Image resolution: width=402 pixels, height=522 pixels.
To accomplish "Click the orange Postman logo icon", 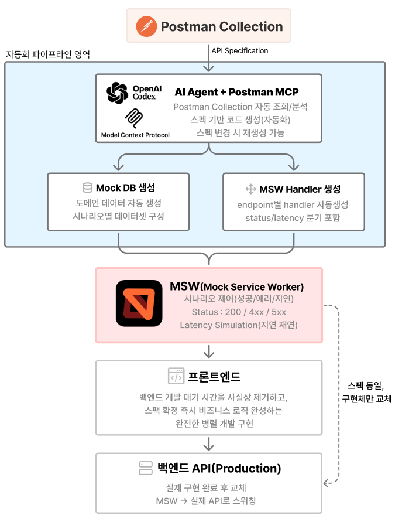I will pos(146,27).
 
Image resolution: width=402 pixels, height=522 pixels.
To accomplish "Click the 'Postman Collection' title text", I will pos(221,27).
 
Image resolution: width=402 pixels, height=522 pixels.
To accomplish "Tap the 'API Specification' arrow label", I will pos(240,51).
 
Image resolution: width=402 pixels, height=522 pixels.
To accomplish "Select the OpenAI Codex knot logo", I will pos(117,93).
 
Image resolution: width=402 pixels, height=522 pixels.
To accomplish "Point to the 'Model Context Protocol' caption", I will pos(135,135).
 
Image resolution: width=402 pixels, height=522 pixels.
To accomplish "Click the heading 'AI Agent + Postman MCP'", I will pos(236,93).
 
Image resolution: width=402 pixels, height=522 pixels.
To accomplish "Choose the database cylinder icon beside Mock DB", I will pos(87,188).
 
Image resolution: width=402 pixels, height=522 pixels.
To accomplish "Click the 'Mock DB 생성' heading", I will pos(126,188).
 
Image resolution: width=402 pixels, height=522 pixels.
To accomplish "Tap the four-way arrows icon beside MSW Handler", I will pos(250,189).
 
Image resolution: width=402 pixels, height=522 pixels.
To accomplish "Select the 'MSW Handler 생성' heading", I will pos(300,189).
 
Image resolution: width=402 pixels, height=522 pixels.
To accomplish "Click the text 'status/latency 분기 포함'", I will pos(293,218).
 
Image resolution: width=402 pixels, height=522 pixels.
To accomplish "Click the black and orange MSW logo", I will pos(139,303).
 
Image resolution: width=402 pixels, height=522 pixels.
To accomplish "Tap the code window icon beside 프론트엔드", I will pos(176,376).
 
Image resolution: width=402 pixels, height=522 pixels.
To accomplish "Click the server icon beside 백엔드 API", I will pos(145,468).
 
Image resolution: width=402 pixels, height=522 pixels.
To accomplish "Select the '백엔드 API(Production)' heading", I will pos(219,468).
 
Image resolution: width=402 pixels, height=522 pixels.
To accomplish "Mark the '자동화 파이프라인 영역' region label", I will pos(48,54).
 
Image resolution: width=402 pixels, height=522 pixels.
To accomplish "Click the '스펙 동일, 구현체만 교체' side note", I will pos(366,392).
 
